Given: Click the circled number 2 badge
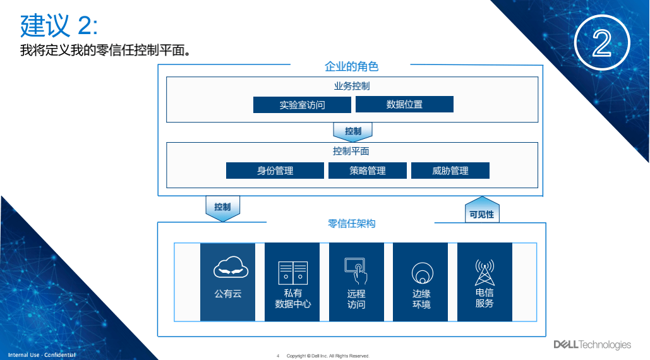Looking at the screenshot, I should click(x=603, y=43).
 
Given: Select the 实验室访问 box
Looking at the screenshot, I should click(x=302, y=105).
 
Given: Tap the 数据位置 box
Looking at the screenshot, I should click(x=404, y=104).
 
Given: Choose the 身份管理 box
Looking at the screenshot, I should click(x=275, y=171).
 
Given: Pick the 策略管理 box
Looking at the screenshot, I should click(x=368, y=171).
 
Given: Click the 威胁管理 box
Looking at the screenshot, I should click(x=450, y=171).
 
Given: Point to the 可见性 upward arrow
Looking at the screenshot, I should click(x=481, y=210).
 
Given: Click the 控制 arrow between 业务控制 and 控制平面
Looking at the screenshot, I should click(x=353, y=131).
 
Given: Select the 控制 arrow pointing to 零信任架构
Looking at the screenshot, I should click(x=222, y=208).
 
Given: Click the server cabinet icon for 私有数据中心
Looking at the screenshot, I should click(x=293, y=272).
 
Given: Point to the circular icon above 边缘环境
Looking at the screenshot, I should click(x=421, y=273).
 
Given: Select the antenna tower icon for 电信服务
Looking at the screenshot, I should click(x=484, y=272).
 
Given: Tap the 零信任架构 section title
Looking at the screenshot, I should click(x=351, y=224).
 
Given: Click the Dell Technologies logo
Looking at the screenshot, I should click(x=592, y=344).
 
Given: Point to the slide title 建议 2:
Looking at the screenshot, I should click(x=59, y=26).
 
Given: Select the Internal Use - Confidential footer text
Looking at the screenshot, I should click(x=42, y=355).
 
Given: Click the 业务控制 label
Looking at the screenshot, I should click(x=352, y=87).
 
